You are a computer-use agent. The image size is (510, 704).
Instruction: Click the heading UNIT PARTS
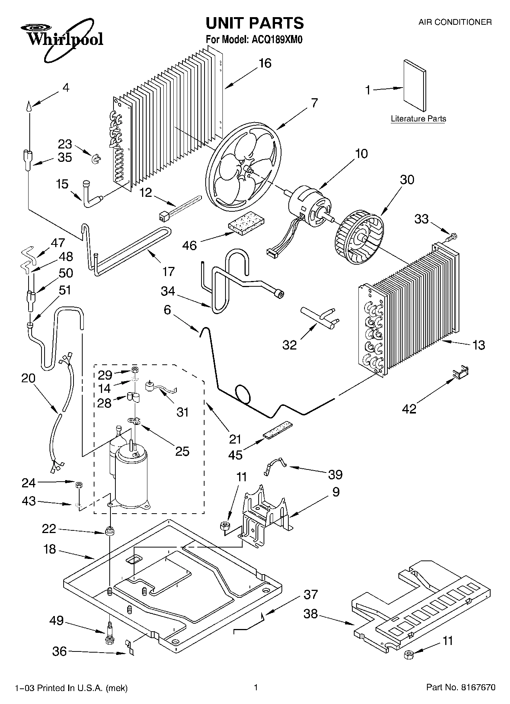coord(254,23)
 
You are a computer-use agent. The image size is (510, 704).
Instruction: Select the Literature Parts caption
coord(418,119)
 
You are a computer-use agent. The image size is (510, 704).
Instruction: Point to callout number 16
coord(265,63)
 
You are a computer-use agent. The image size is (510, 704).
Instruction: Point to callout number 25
coord(182,451)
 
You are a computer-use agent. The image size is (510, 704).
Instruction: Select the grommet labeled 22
coord(110,531)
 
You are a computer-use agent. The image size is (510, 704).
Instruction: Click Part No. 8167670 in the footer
coord(460,688)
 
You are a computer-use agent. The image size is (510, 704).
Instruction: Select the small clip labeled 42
coord(460,372)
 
